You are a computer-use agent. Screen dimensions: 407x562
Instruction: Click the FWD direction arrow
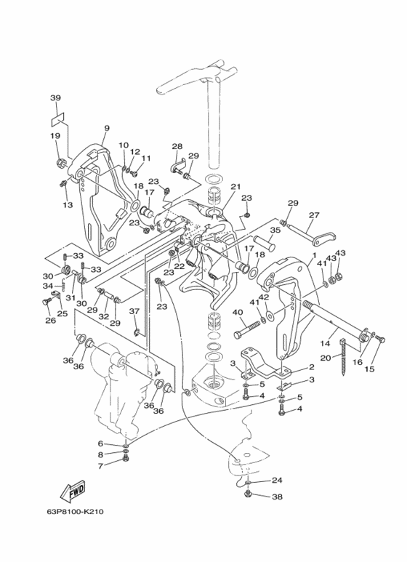pos(73,491)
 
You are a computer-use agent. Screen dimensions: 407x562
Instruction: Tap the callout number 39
pos(55,97)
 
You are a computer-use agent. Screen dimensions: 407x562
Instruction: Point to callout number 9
pos(107,128)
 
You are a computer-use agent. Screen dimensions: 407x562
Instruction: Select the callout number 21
pos(235,187)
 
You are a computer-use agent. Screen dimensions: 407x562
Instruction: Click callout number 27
pos(314,215)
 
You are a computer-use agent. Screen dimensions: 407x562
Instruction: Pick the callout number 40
pos(238,312)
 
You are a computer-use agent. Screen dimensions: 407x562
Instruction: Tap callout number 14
pos(325,343)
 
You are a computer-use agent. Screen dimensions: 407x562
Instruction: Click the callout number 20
pos(326,358)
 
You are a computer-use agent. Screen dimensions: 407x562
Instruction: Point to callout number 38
pos(277,497)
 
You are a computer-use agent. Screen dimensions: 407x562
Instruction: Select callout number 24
pos(277,480)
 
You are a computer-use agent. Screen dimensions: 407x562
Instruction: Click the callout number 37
pos(134,311)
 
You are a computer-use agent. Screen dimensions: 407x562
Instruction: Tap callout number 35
pos(275,230)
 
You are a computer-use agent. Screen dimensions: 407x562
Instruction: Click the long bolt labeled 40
pos(247,330)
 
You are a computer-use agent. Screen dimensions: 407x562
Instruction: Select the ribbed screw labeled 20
pos(344,357)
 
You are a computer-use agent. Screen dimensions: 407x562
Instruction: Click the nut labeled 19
pos(60,164)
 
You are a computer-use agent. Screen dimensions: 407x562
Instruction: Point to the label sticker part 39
pos(57,119)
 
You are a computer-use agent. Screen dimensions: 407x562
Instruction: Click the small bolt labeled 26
pos(46,302)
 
